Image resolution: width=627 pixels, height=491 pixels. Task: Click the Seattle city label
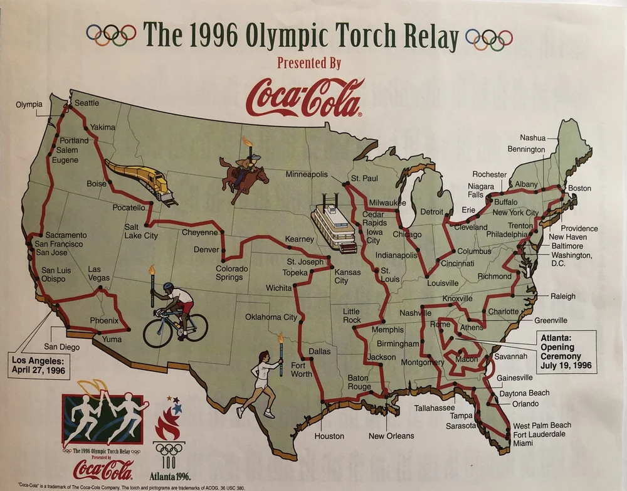click(x=87, y=103)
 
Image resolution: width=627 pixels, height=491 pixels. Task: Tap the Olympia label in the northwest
click(x=29, y=104)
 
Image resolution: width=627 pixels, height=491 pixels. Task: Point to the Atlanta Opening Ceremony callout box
click(x=566, y=351)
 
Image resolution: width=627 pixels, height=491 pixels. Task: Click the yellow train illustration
click(x=142, y=181)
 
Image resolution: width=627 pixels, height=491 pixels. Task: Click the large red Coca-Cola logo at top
click(x=305, y=97)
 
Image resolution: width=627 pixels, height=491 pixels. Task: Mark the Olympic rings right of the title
click(x=489, y=39)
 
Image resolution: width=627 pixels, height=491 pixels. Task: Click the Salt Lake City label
click(x=141, y=231)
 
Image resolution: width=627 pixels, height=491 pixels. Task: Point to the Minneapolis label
click(x=307, y=174)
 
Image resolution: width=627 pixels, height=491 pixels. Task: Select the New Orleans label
click(x=391, y=436)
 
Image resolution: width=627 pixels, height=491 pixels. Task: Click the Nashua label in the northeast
click(x=532, y=138)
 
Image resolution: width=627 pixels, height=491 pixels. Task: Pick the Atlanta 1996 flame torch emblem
click(x=167, y=426)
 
